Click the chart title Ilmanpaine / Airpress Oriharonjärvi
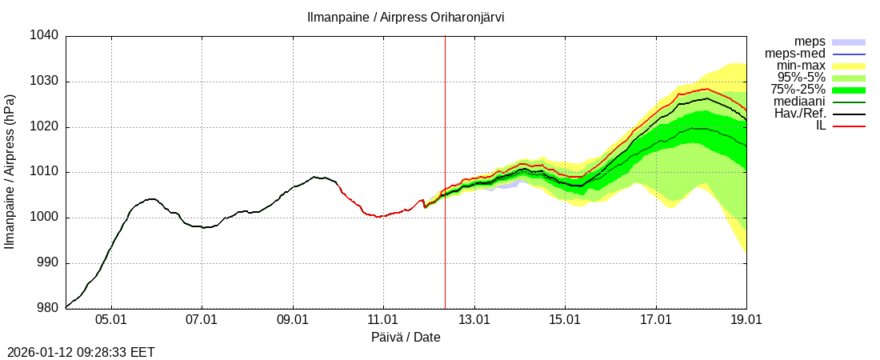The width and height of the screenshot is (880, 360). click(406, 17)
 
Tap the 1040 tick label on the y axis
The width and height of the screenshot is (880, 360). click(44, 36)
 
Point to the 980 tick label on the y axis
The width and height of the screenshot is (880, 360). click(47, 308)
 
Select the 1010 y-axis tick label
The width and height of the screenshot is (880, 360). click(44, 172)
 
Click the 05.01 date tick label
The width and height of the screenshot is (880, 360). click(111, 320)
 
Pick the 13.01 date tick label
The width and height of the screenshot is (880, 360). click(474, 320)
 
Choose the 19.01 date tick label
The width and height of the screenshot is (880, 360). click(746, 320)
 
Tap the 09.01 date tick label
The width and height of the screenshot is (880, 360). click(293, 320)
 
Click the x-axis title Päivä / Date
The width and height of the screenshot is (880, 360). click(406, 338)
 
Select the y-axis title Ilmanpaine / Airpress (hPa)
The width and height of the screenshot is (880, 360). click(10, 172)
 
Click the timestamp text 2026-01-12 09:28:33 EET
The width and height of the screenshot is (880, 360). click(81, 352)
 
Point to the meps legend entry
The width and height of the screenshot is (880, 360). click(810, 42)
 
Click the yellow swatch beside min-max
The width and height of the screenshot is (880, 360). click(849, 66)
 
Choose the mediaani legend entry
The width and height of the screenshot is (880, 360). click(799, 102)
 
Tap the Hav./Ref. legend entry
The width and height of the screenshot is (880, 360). click(800, 114)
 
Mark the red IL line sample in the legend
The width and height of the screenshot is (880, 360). click(849, 126)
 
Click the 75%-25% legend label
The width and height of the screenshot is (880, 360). click(798, 90)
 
